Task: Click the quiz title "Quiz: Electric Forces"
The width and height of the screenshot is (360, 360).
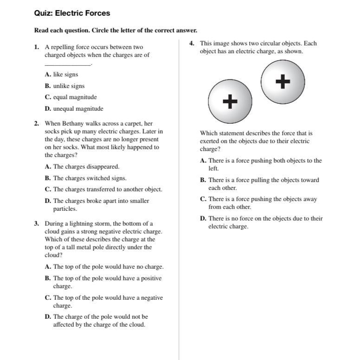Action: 72,13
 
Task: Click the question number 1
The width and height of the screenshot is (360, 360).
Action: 36,47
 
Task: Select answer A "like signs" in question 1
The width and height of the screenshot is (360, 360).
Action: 65,74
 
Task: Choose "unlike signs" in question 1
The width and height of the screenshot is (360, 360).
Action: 69,86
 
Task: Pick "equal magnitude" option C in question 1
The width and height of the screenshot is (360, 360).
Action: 75,97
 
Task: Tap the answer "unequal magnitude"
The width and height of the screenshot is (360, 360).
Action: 78,109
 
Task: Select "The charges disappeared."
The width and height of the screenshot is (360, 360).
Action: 86,166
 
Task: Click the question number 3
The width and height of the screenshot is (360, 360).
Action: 36,223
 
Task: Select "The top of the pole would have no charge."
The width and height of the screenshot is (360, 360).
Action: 108,267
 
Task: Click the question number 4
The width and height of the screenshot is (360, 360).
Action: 192,44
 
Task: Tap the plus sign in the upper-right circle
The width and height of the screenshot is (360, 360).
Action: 283,82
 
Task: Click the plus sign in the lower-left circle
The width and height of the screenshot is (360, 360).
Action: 230,101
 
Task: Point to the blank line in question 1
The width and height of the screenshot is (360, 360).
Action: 68,64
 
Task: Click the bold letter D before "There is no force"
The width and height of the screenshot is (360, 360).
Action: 203,219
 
